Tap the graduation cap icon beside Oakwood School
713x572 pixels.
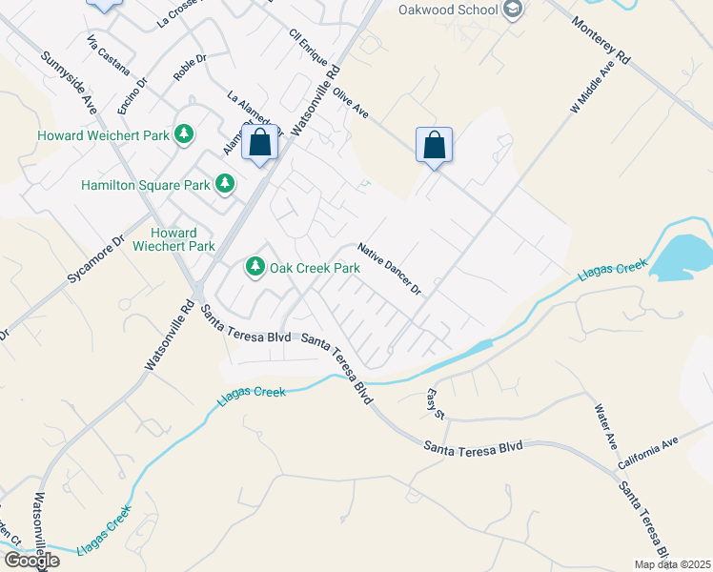pos(514,10)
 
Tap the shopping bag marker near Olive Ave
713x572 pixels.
pos(434,146)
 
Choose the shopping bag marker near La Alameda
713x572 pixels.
pos(260,144)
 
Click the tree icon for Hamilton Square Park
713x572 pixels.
pos(225,183)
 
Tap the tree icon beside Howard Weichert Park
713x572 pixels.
pos(186,135)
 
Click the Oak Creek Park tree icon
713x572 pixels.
pos(255,268)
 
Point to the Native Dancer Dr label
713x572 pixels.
pos(390,269)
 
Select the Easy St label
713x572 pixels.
pos(436,404)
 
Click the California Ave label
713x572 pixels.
pos(647,453)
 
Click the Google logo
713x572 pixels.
pos(31,561)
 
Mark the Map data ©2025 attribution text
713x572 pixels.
pos(672,564)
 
